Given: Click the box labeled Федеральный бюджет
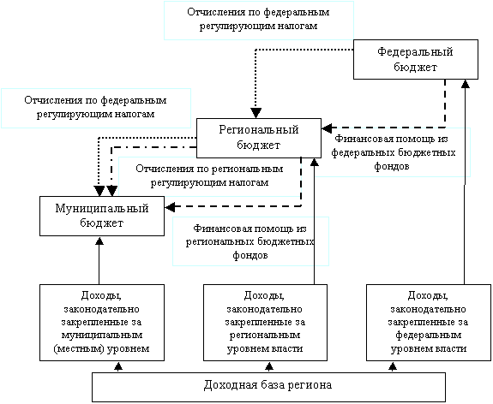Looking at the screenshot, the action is click(416, 59).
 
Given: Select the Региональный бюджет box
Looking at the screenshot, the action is click(259, 138).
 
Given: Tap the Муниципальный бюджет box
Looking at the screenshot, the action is click(102, 216).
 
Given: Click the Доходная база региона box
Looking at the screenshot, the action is click(268, 387).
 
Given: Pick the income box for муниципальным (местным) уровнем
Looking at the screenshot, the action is click(102, 323).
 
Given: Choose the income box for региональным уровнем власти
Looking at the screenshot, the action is click(265, 323).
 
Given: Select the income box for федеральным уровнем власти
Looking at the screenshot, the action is click(429, 323).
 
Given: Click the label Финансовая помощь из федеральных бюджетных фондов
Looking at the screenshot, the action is click(393, 152).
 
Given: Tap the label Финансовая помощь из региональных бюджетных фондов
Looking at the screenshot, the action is click(250, 241).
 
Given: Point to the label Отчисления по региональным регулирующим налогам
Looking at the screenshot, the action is click(209, 175).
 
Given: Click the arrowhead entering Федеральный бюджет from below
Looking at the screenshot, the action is click(465, 84).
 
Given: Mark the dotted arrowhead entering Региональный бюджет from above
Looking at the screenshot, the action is click(256, 113).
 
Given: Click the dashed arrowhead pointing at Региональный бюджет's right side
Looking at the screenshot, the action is click(327, 128).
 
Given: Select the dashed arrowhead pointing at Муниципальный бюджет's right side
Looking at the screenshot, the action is click(170, 207).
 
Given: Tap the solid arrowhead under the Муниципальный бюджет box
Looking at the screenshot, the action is click(99, 241).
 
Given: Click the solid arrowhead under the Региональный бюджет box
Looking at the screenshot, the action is click(314, 163).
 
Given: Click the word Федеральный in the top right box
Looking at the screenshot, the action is click(415, 52).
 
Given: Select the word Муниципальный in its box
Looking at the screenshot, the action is click(102, 209).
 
